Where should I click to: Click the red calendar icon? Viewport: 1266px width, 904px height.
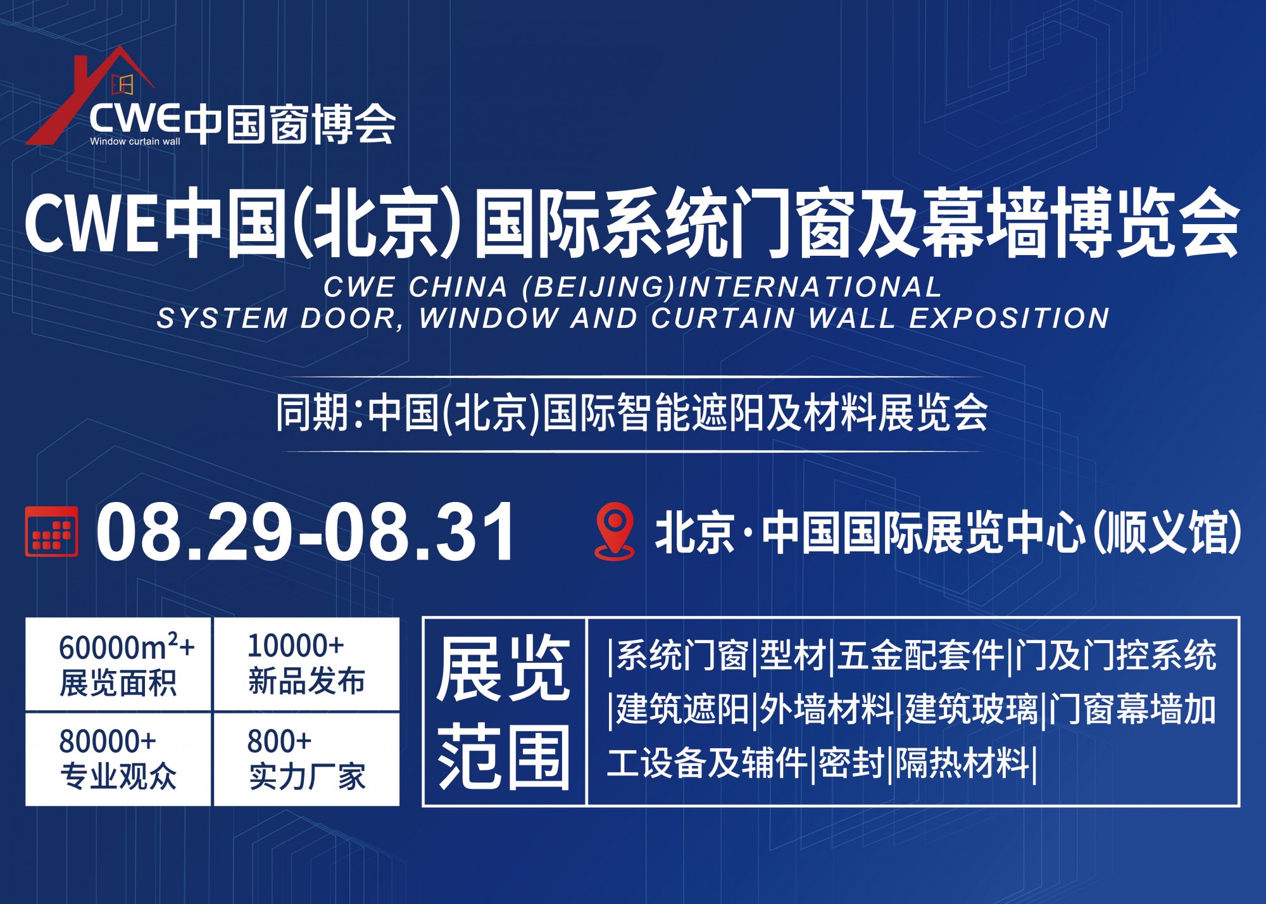tap(52, 531)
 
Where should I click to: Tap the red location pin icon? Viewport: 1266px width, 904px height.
tap(614, 531)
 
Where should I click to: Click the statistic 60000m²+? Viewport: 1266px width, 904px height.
tap(127, 646)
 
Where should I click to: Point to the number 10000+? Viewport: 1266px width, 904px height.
tap(295, 646)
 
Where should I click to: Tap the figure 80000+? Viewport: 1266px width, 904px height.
tap(108, 741)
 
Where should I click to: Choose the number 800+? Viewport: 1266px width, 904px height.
tap(279, 741)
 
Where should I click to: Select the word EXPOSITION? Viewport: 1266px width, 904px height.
tap(1009, 318)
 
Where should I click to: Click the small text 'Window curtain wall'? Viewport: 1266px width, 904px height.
tap(135, 141)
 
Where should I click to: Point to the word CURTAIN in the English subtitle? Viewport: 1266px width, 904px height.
tap(722, 318)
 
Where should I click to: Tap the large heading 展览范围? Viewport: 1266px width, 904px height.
tap(504, 712)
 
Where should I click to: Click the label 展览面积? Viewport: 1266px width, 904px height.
tap(118, 682)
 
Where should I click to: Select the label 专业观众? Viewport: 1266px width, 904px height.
tap(118, 776)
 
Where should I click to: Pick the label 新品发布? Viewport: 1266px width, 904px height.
tap(306, 681)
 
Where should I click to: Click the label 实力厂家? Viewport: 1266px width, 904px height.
tap(307, 776)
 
